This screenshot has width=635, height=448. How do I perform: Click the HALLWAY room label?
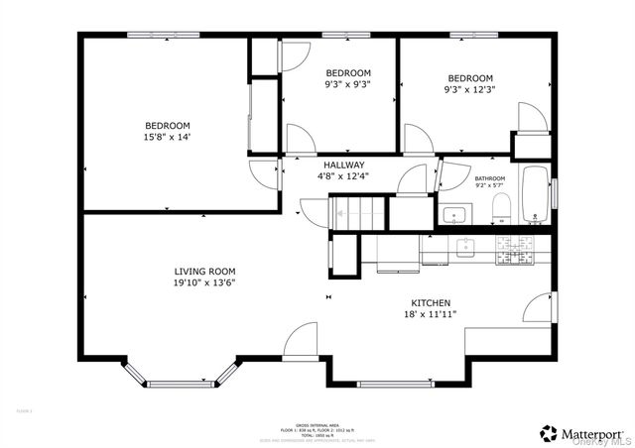(x=343, y=165)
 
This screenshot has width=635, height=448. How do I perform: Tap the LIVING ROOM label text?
(x=204, y=271)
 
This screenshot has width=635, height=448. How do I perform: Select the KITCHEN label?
(x=432, y=302)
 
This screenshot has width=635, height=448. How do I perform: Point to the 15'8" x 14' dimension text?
(x=167, y=137)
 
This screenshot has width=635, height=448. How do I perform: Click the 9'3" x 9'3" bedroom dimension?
(x=348, y=85)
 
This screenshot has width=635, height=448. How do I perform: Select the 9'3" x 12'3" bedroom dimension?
(x=469, y=90)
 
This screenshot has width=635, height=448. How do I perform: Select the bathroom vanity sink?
(x=457, y=213)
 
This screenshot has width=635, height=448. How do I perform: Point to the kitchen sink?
(x=463, y=248)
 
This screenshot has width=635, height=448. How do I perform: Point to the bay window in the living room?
(x=182, y=376)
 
